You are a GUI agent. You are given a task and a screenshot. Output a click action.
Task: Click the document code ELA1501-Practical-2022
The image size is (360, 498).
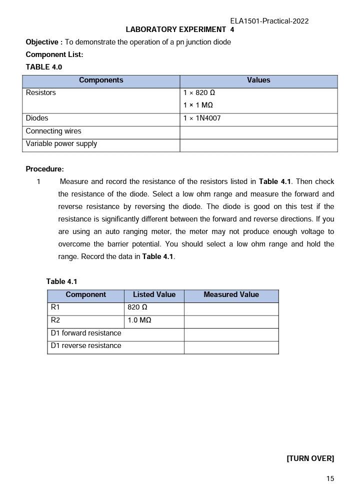coord(269,21)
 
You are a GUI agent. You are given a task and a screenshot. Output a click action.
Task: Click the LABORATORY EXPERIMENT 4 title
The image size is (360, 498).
coord(180,29)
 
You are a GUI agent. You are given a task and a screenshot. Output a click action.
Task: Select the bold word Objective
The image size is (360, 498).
coord(43,42)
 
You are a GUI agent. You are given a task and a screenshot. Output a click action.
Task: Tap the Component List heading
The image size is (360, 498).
coord(54,54)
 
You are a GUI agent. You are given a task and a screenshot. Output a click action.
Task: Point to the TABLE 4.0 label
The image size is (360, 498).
coord(43,67)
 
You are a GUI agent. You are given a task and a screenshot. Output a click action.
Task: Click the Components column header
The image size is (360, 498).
coord(101,80)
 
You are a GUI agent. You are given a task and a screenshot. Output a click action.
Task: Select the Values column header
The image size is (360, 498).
coord(258,80)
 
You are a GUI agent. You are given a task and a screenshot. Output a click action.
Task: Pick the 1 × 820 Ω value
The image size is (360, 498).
coord(199,92)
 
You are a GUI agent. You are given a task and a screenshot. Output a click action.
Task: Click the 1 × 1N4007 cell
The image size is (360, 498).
coord(201,118)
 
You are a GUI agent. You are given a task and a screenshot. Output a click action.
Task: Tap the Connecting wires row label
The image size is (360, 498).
coord(53,131)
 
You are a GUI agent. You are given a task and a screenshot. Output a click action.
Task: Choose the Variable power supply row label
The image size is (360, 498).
coord(61,144)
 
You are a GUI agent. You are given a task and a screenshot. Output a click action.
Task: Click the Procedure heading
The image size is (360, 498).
coord(44,169)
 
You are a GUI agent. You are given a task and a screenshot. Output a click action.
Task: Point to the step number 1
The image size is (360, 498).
coord(38,181)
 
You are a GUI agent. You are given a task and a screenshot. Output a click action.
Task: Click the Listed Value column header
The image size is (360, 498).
coord(154,295)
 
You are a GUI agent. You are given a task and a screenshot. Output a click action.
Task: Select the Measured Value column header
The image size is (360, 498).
coord(231,295)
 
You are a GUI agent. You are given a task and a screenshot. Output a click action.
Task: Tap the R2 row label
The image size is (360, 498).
coord(55,320)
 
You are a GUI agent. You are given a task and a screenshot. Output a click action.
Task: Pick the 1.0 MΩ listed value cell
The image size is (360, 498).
coord(139,320)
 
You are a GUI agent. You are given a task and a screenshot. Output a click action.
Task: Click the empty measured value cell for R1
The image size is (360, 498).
coord(231,308)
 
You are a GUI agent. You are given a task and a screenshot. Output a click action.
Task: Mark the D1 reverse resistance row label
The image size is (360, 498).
coord(85,346)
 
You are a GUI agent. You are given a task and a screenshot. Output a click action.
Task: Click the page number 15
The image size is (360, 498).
coord(330,478)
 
